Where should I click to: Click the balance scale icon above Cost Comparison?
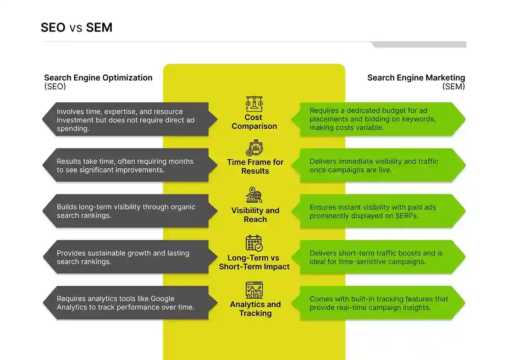click(x=254, y=104)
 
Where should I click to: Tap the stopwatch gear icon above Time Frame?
click(x=254, y=149)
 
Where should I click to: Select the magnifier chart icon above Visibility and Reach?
click(x=254, y=195)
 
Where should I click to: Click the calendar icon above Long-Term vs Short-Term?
click(x=254, y=243)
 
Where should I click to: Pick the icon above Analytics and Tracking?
click(x=254, y=290)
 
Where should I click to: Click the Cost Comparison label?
click(x=254, y=122)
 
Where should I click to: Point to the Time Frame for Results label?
click(x=255, y=166)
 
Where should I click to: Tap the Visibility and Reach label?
click(x=255, y=215)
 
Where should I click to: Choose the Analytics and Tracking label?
click(x=255, y=309)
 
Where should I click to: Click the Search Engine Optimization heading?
click(x=98, y=78)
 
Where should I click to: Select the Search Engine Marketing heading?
click(x=416, y=78)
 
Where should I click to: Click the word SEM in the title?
click(x=99, y=28)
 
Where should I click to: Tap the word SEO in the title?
click(x=53, y=28)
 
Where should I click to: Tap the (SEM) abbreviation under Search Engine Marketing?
click(x=453, y=86)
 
